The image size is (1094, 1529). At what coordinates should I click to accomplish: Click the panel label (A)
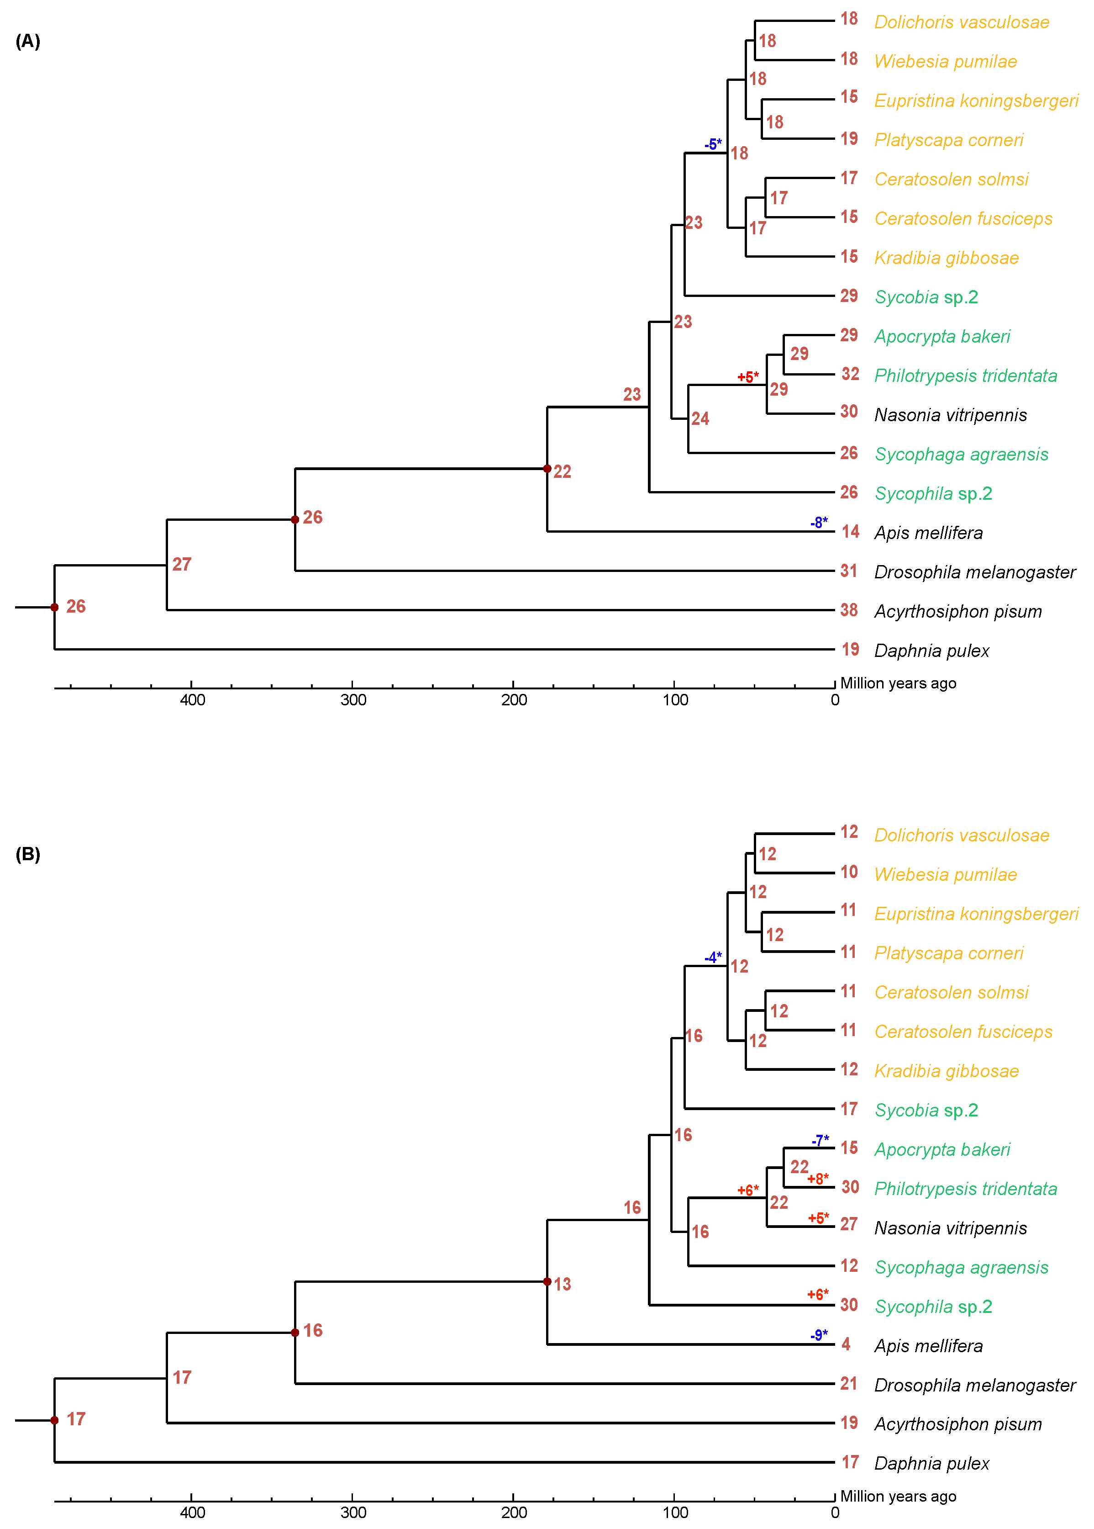(x=27, y=42)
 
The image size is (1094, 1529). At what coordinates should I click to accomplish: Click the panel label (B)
(x=27, y=854)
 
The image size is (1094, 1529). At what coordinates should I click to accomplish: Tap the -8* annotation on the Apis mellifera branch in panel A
(x=819, y=522)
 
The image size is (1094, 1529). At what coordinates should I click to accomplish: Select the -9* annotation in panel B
(x=819, y=1335)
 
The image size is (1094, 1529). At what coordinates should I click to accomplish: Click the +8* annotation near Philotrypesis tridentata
(x=818, y=1179)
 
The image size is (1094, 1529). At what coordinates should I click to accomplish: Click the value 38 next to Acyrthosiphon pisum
(x=849, y=610)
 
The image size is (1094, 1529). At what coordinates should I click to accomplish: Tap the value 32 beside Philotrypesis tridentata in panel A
(x=850, y=374)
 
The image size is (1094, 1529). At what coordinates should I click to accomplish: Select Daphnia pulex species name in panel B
(x=931, y=1464)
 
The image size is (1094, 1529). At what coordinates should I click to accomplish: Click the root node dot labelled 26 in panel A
(x=55, y=607)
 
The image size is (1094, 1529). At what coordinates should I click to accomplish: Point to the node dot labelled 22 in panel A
(x=547, y=468)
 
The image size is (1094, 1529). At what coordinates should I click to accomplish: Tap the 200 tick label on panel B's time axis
(x=514, y=1513)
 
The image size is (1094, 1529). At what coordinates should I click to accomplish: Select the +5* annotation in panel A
(x=748, y=377)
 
